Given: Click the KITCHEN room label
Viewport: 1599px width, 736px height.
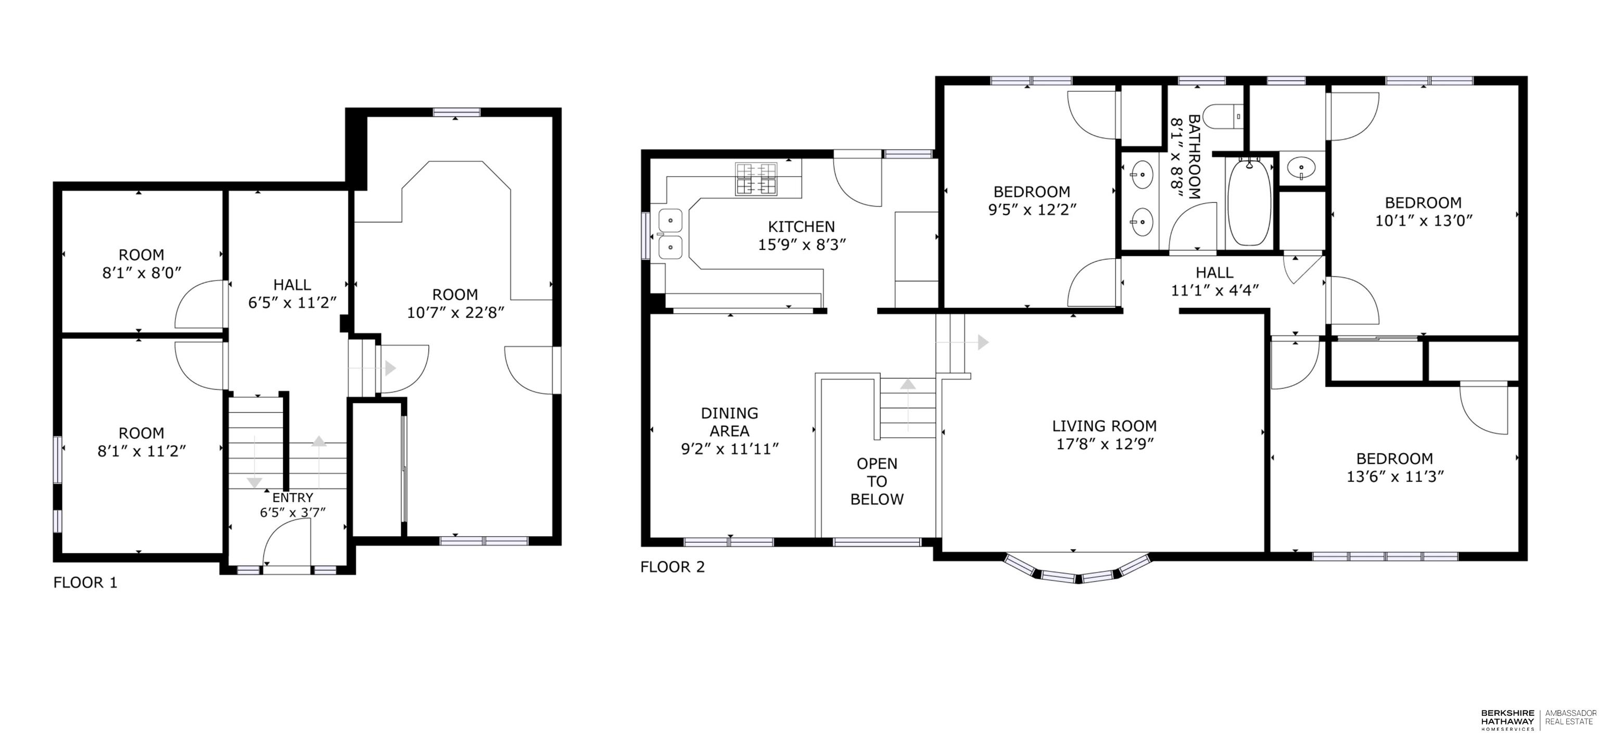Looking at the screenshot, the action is (802, 226).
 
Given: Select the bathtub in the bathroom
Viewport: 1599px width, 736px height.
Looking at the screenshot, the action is (1250, 203).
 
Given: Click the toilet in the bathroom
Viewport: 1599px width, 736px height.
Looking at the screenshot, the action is (1223, 116).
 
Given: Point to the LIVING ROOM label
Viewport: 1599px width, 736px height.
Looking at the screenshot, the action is (1105, 426).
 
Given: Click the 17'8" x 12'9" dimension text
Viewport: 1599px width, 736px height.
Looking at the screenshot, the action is (1105, 443).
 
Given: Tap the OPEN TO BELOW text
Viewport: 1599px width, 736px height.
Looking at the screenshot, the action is (877, 481).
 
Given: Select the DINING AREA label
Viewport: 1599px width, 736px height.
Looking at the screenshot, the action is (729, 422).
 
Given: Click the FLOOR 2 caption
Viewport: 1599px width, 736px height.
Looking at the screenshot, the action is (673, 567).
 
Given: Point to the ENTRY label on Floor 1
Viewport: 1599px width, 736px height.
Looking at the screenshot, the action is (293, 498).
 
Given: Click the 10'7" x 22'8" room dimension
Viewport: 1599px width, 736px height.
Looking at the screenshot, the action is (455, 312).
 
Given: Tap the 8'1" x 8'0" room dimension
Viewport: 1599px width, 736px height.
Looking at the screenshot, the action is (142, 272).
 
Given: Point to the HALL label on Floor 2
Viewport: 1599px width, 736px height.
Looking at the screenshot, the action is (1214, 272).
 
